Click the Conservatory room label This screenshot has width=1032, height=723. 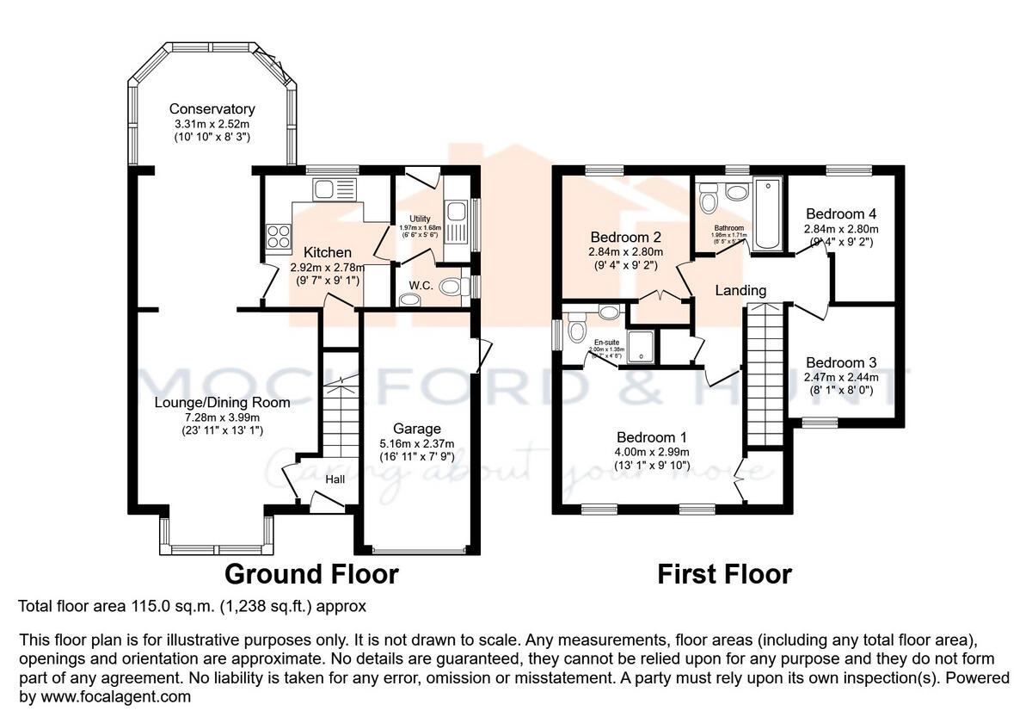tap(212, 109)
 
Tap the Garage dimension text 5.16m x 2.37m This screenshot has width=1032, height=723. tap(417, 444)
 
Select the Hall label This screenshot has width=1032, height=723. tap(335, 479)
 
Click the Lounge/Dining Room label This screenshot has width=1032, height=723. tap(222, 402)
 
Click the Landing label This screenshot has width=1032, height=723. tap(740, 291)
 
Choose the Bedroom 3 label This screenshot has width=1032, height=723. tap(841, 362)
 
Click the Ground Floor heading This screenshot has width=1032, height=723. tap(311, 574)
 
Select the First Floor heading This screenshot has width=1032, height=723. tap(724, 574)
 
